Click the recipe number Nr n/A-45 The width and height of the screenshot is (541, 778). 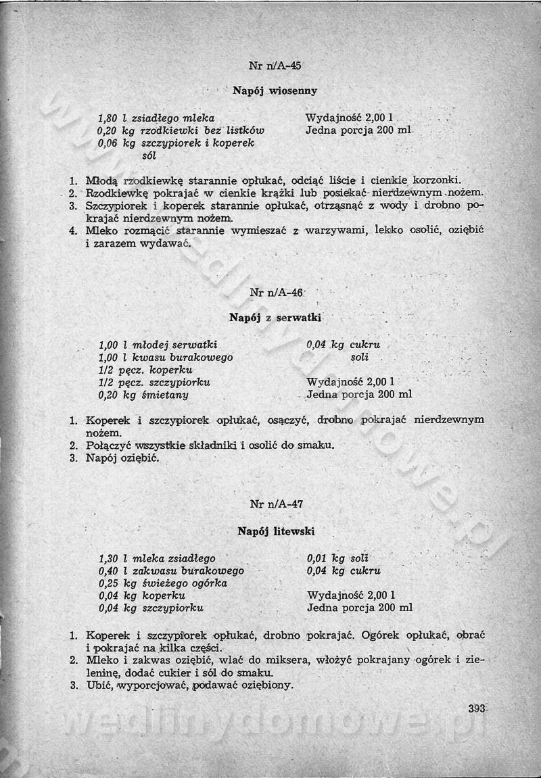(275, 66)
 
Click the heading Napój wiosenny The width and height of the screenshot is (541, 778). (275, 90)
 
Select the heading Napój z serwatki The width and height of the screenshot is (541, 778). (275, 317)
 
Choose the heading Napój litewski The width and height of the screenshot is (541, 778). (276, 531)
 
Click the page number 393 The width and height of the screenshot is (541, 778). (477, 708)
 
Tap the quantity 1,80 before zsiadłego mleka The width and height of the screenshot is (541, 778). (108, 118)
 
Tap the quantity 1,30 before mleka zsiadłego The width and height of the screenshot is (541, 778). (108, 558)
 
